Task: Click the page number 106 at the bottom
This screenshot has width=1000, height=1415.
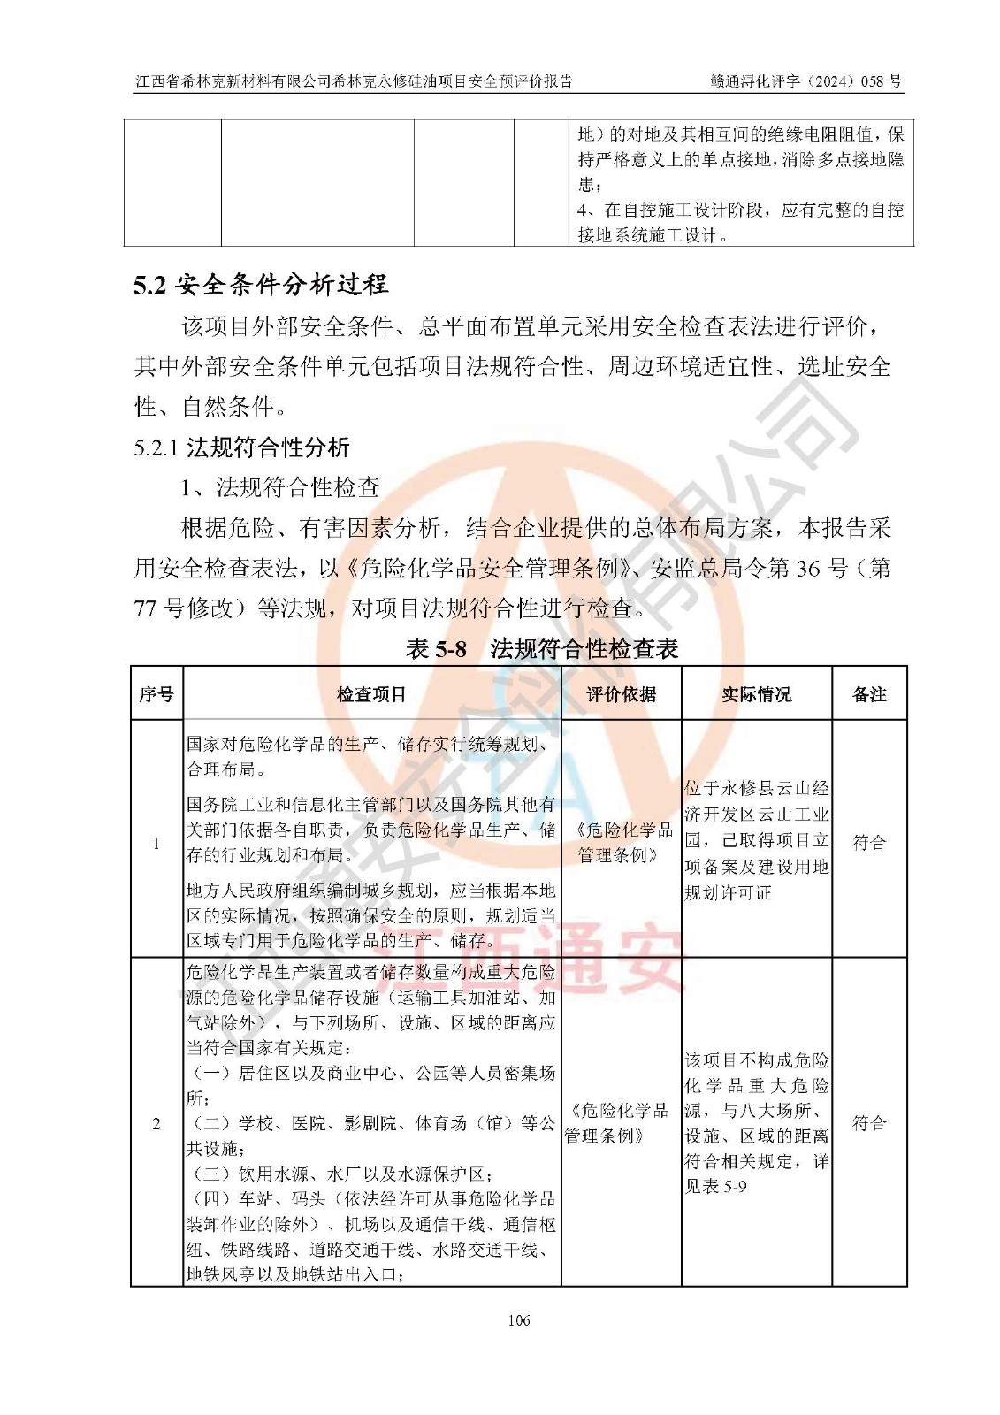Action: coord(519,1320)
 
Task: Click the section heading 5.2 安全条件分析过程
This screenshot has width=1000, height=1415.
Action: coord(261,285)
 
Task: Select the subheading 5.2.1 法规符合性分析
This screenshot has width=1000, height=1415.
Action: coord(241,447)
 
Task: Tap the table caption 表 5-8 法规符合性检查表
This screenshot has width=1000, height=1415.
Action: coord(541,649)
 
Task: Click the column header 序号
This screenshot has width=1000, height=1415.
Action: coord(156,694)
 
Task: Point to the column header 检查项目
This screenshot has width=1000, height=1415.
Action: coord(371,694)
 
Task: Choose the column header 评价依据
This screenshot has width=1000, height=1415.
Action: coord(621,694)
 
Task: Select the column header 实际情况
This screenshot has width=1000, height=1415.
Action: coord(756,694)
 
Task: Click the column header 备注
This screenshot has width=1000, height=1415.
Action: coord(869,694)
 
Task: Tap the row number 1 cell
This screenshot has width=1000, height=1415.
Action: coord(156,843)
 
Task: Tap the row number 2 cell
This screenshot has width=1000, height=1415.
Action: coord(156,1124)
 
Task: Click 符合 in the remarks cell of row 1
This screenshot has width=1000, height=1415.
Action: coord(869,843)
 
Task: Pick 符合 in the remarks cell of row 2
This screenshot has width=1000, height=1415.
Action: coord(869,1124)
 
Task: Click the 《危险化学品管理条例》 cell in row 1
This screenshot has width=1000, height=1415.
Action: coord(621,843)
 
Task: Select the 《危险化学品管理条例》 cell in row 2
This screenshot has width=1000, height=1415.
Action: coord(621,1124)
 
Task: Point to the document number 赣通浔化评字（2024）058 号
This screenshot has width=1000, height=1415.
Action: coord(805,81)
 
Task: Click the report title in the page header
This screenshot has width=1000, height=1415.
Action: coord(354,81)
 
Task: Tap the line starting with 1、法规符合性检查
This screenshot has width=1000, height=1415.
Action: coord(280,487)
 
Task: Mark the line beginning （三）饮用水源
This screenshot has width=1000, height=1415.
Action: coord(340,1174)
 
